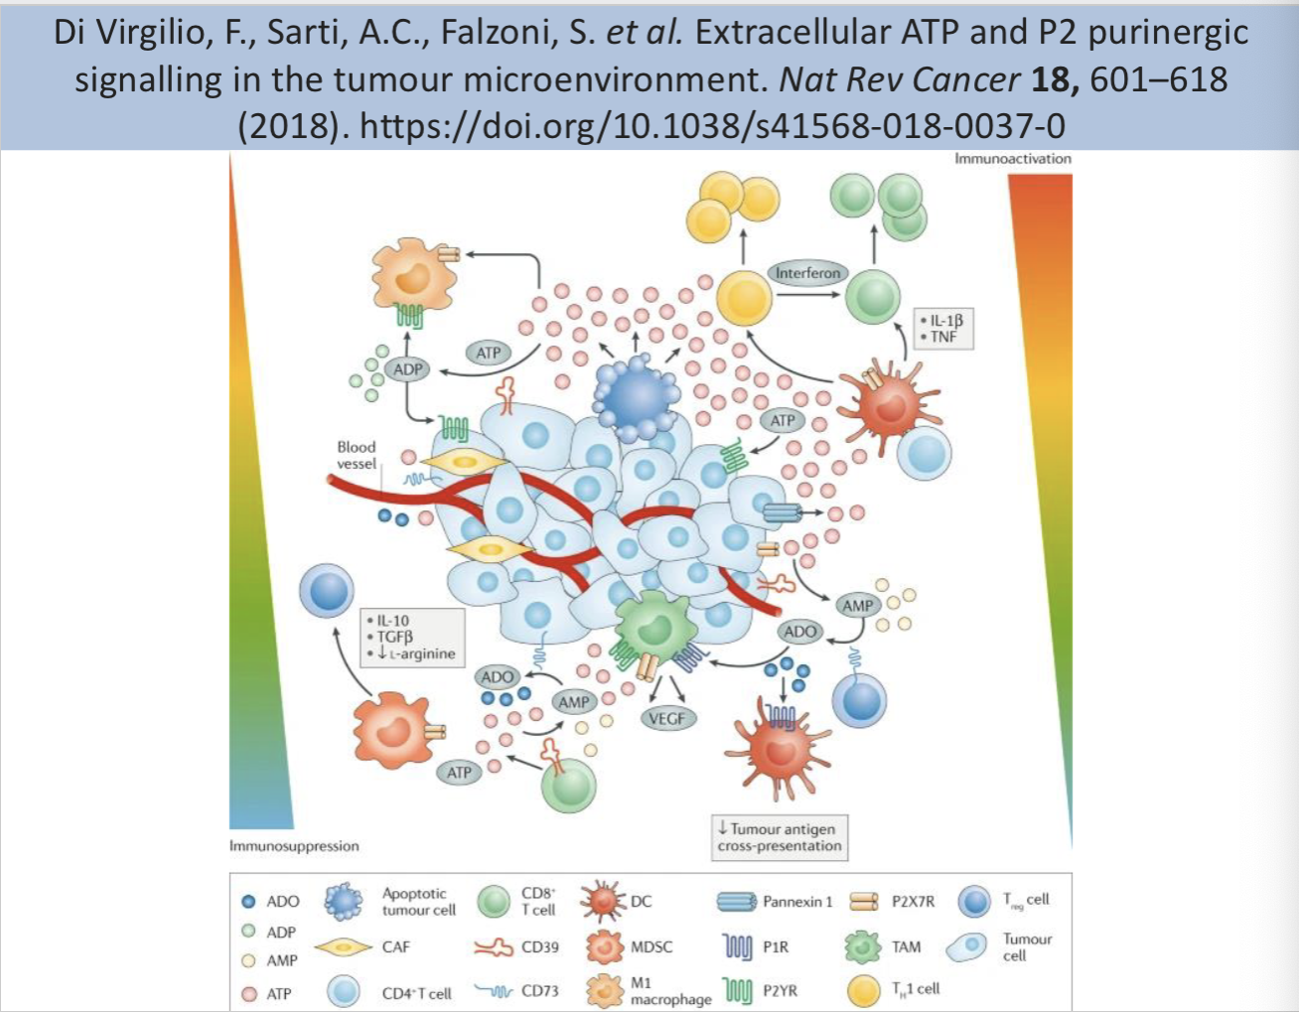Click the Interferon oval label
pos(807,273)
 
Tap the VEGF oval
pos(666,718)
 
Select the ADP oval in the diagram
pos(408,369)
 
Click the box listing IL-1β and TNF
pos(942,329)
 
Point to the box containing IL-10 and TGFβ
pos(411,637)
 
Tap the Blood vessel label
pos(357,455)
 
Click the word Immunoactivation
pos(1013,159)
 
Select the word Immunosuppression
pos(294,846)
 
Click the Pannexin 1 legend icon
pos(736,902)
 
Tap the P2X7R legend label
pos(913,902)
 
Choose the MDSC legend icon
pos(603,947)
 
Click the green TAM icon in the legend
pos(862,947)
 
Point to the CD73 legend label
pos(539,990)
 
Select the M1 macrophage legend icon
pos(603,990)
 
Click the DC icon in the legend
pos(603,901)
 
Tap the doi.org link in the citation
pos(712,126)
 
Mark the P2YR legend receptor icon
pos(737,990)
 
